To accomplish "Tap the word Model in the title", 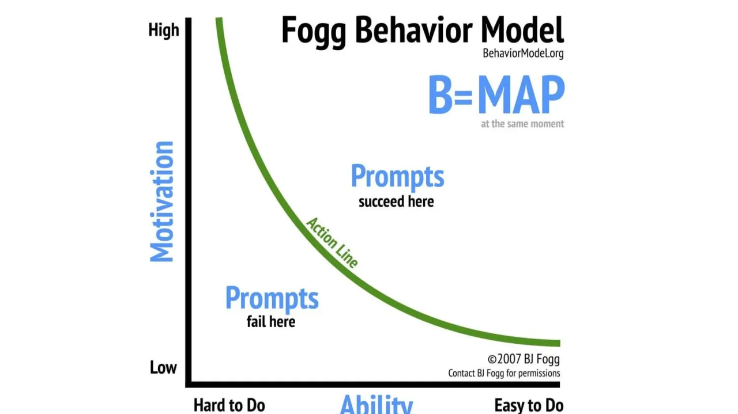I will click(522, 30).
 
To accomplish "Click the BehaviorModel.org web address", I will click(523, 54).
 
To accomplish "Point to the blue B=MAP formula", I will click(496, 96).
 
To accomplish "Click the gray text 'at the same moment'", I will click(522, 124).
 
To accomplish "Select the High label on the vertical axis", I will click(164, 31).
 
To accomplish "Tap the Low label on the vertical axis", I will click(163, 368).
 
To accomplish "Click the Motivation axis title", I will click(162, 202).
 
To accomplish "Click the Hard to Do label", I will click(229, 405).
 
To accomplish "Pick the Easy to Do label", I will click(529, 405).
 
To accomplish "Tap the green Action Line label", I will click(332, 242).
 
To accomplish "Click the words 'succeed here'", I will click(396, 202).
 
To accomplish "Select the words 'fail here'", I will click(271, 321).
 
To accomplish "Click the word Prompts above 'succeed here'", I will click(397, 176).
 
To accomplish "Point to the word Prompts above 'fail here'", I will click(272, 298).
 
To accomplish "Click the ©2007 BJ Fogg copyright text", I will click(524, 359).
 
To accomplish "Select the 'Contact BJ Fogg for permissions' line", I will click(504, 373).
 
